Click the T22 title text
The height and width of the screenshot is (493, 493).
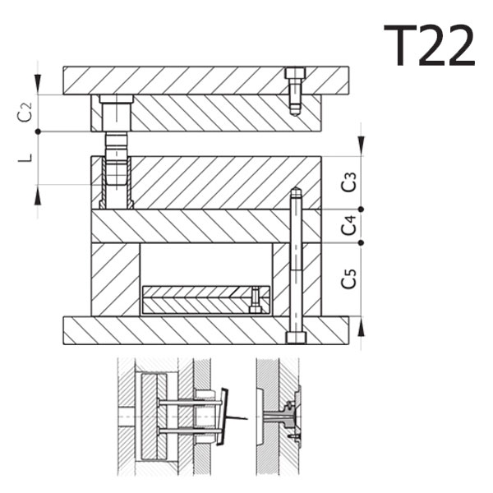click(x=429, y=45)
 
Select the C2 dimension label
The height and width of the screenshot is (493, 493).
click(x=25, y=112)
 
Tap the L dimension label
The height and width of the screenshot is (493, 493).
click(x=25, y=158)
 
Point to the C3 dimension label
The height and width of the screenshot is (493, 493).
click(x=349, y=182)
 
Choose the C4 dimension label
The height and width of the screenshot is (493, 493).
click(x=349, y=225)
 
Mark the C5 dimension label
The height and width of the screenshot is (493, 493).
click(x=349, y=279)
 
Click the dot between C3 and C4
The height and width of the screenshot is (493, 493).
click(x=361, y=209)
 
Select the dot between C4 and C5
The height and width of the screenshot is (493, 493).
click(x=361, y=242)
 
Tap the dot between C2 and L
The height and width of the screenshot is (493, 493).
click(x=38, y=131)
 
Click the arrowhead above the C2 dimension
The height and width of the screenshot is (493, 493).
click(x=38, y=84)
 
